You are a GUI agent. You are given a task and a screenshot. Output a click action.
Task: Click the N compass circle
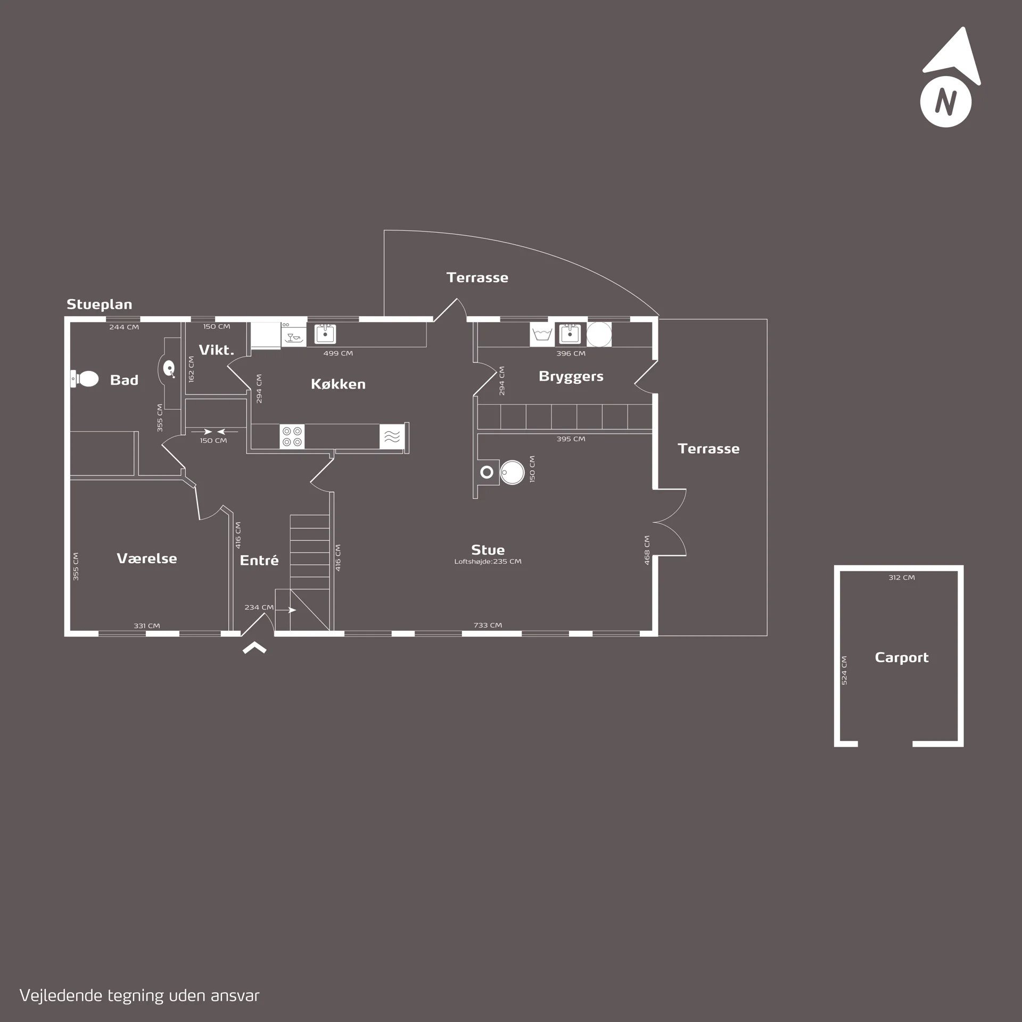tap(946, 101)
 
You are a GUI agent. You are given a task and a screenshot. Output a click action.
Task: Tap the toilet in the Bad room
tap(85, 380)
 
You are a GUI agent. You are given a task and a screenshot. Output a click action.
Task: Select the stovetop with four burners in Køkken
tap(292, 436)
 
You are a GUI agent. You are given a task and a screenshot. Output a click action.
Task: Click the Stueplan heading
tap(99, 304)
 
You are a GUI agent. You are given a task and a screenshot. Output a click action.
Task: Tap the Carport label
tap(902, 657)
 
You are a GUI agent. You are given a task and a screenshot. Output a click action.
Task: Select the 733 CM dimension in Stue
tap(488, 625)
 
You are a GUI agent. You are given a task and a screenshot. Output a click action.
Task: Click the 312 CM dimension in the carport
tap(902, 578)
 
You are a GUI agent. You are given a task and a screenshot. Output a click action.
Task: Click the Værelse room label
tap(147, 558)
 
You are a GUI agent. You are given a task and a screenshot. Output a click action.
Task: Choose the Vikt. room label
tap(217, 350)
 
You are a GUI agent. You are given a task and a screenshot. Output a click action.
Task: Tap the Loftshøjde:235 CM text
tap(488, 561)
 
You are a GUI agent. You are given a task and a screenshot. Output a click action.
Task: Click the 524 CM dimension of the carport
tap(844, 670)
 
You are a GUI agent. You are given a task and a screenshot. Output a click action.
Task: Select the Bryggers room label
tap(571, 376)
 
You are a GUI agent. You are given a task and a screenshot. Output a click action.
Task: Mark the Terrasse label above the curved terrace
tap(477, 277)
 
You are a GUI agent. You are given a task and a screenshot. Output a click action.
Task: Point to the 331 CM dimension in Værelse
tap(147, 626)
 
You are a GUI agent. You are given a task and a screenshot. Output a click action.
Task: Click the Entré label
tap(259, 560)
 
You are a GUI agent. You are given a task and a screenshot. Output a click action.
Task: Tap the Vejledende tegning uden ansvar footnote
tap(139, 995)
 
